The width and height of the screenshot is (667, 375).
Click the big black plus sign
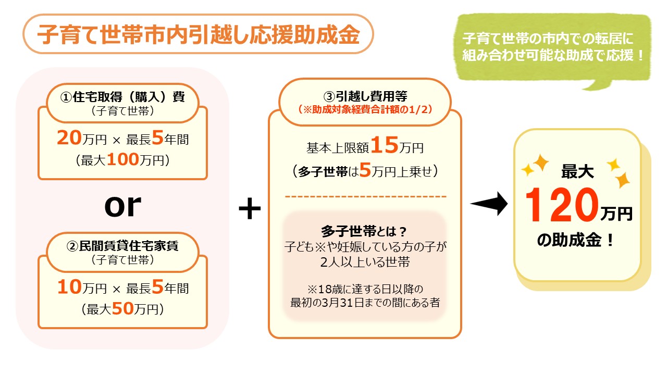point(249,209)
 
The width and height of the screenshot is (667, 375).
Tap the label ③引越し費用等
point(365,96)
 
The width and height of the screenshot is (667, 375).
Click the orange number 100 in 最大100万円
point(123,160)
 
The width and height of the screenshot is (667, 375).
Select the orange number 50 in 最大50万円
point(123,309)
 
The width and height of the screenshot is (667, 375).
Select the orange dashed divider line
point(365,197)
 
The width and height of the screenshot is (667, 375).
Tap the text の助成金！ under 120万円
point(575,241)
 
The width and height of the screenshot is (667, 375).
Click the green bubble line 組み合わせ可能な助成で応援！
point(553,56)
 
